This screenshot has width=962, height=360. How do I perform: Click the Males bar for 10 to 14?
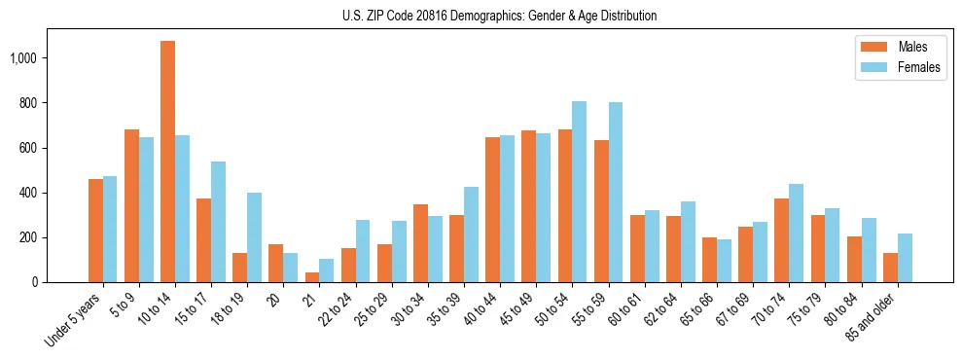pos(168,162)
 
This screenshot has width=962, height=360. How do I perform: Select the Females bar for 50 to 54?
pos(579,192)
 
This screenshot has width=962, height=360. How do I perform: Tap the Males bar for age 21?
pos(312,277)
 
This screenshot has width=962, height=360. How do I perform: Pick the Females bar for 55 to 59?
pos(616,193)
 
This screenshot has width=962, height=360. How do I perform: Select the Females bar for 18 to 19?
pos(254,237)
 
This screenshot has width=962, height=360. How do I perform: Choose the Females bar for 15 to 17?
pos(218,222)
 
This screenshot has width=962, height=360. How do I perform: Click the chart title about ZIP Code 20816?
pos(499,16)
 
